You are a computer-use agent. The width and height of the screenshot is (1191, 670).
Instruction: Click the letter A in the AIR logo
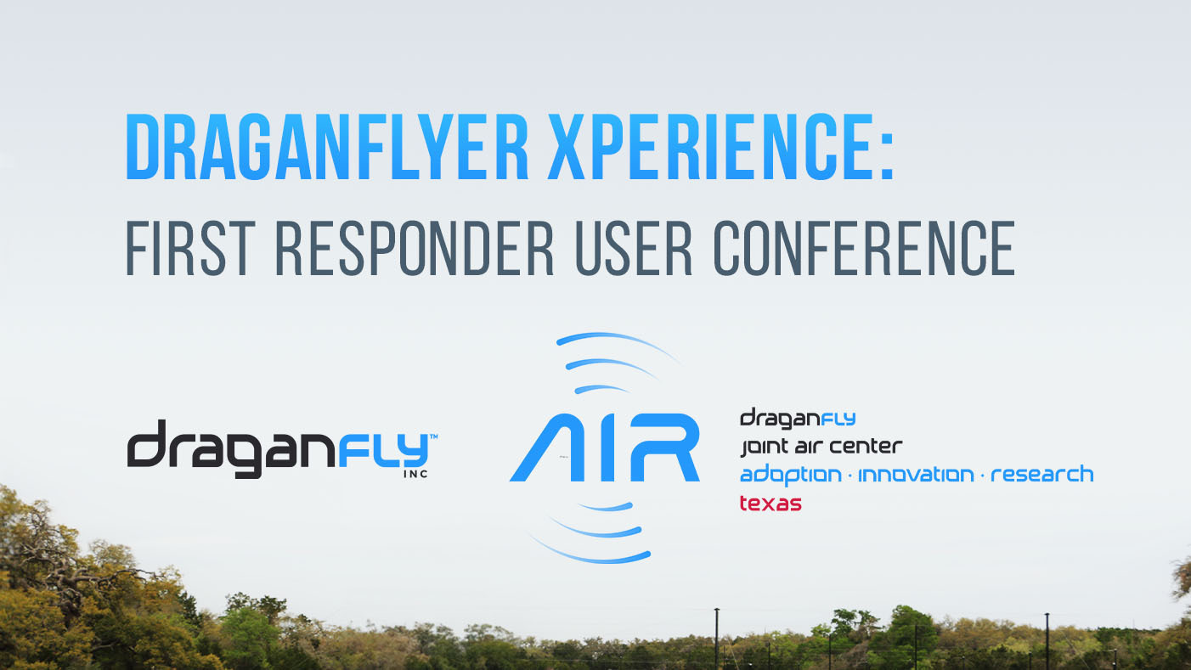[x=549, y=448]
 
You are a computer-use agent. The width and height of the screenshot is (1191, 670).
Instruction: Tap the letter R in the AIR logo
[x=663, y=448]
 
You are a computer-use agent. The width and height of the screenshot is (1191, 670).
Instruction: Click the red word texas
[x=770, y=503]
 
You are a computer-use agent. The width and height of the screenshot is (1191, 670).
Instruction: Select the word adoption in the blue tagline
[x=792, y=475]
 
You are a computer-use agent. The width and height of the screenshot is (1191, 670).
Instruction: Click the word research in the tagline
[x=1041, y=474]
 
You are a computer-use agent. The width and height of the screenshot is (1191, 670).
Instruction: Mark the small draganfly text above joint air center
[x=798, y=418]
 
